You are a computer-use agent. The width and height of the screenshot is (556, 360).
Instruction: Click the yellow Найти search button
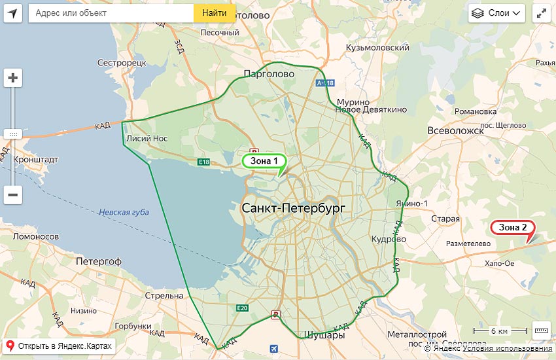click(x=215, y=13)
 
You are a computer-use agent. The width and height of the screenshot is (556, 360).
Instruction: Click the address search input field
click(x=111, y=13)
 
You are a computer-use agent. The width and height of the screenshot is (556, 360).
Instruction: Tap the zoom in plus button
click(x=13, y=78)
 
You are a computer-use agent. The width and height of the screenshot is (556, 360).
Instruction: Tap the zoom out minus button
click(x=13, y=194)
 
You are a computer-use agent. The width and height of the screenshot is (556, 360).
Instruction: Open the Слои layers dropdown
click(x=496, y=13)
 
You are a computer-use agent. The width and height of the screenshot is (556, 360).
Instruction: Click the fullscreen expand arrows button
click(x=542, y=13)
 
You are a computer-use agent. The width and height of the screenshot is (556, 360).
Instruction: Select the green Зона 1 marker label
click(x=264, y=160)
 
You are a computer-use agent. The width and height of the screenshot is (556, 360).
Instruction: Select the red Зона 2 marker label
click(x=513, y=227)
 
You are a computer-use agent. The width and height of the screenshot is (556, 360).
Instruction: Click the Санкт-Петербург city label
click(x=292, y=208)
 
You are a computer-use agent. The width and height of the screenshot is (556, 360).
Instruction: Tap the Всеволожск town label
click(x=455, y=130)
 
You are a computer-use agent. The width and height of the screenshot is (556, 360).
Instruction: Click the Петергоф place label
click(x=99, y=261)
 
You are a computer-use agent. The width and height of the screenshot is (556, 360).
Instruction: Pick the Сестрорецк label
click(x=121, y=63)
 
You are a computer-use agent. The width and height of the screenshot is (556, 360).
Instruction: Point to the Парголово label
click(x=268, y=74)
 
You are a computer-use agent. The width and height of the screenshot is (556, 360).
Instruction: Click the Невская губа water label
click(x=124, y=212)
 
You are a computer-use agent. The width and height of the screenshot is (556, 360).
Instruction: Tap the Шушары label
click(x=322, y=335)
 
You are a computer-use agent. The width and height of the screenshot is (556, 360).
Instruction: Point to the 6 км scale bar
click(x=500, y=331)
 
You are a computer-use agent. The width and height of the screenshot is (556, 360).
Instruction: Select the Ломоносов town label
click(x=36, y=236)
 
